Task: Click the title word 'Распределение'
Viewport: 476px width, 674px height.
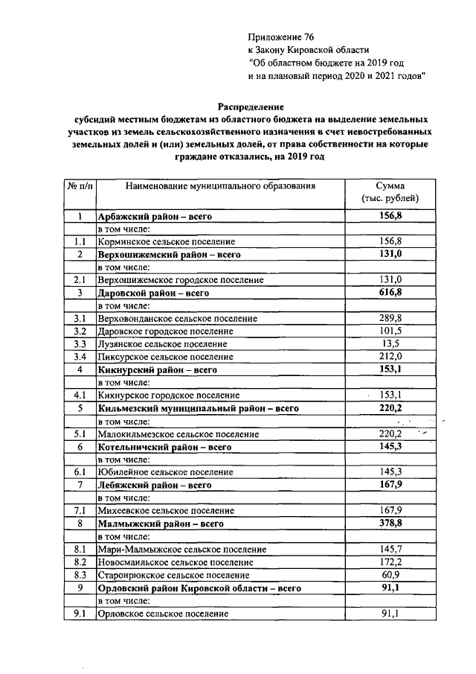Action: coord(251,106)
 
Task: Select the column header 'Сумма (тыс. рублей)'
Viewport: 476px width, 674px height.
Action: coord(390,192)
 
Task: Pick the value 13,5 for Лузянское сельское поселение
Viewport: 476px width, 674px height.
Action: coord(390,344)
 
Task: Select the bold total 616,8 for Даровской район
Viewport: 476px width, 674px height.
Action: coord(390,293)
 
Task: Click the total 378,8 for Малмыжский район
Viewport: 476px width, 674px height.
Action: coord(390,524)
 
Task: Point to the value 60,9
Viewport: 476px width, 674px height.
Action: coord(390,575)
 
